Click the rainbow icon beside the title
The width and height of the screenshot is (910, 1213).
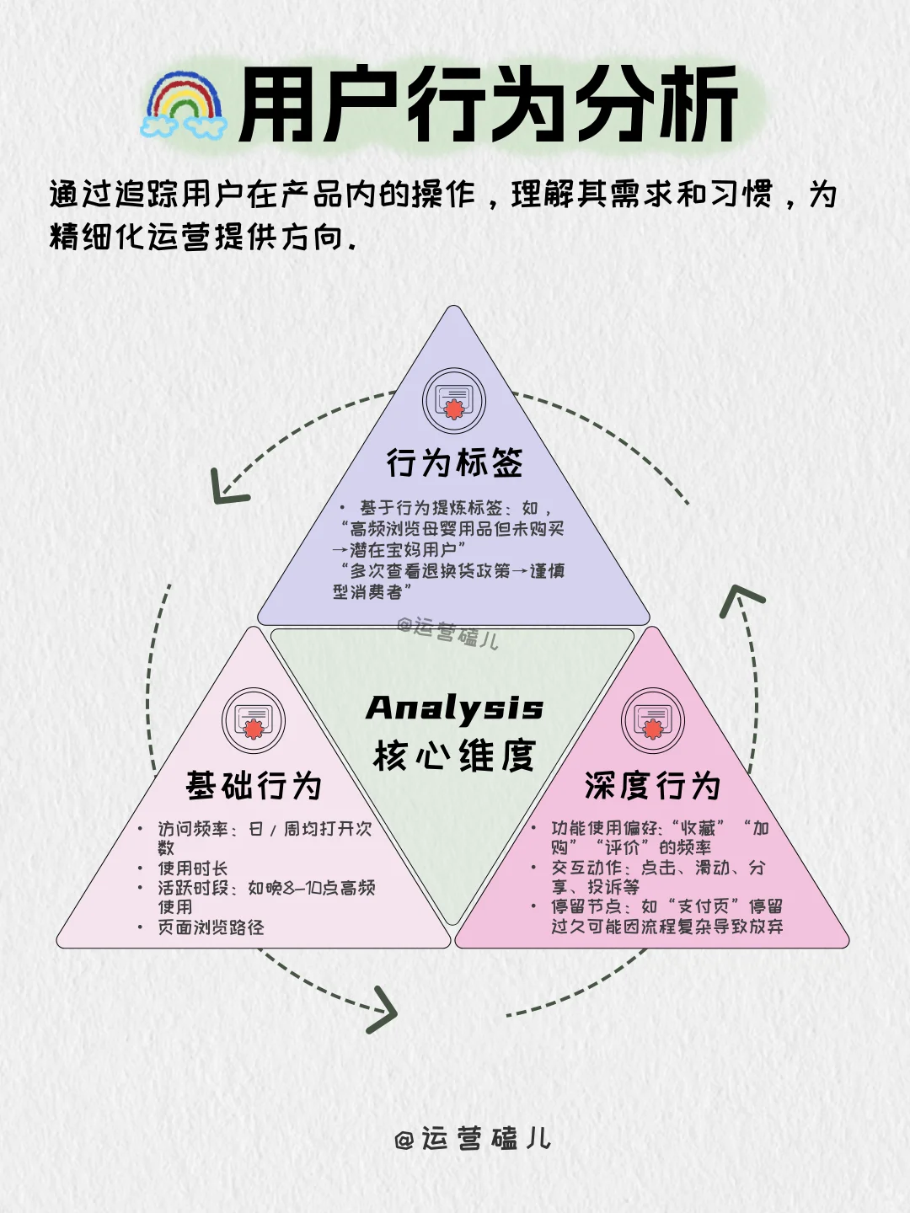click(x=184, y=105)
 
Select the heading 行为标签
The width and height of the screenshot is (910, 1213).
click(x=454, y=463)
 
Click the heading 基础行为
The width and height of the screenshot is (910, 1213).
click(x=254, y=786)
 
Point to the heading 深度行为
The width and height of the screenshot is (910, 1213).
click(x=653, y=786)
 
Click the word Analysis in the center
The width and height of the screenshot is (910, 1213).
click(x=454, y=708)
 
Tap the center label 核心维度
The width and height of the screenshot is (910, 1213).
click(x=454, y=756)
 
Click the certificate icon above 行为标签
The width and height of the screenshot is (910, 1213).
click(x=454, y=400)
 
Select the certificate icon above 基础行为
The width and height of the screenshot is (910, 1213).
click(x=254, y=721)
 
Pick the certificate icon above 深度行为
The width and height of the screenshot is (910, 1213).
click(x=653, y=721)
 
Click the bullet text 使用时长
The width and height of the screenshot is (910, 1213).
click(x=192, y=868)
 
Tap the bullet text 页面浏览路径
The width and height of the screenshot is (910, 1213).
click(x=211, y=927)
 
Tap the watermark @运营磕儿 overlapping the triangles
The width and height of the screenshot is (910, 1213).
click(x=447, y=633)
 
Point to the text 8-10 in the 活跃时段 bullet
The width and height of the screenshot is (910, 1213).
click(x=313, y=888)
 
